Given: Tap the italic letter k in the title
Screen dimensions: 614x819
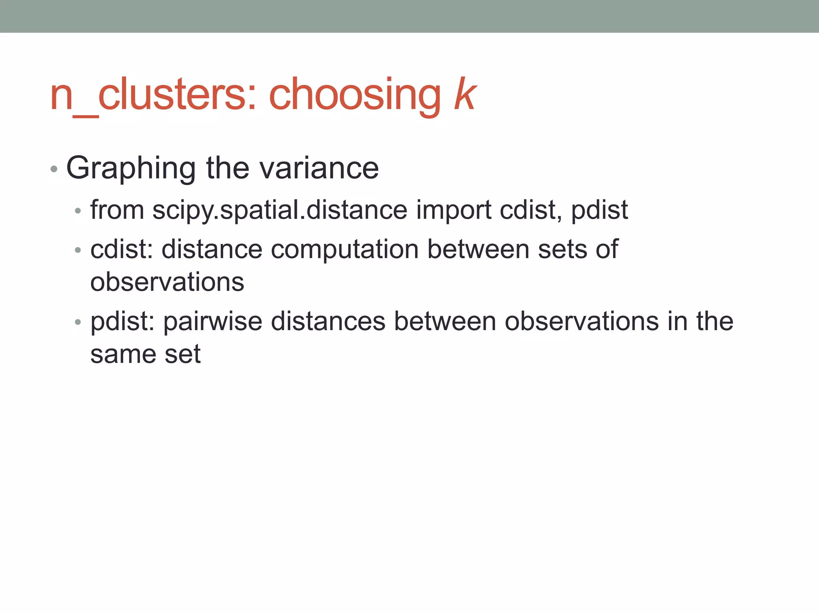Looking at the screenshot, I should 465,94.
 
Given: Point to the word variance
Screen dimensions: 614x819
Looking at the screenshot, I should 319,168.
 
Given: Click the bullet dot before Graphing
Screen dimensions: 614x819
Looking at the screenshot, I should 54,169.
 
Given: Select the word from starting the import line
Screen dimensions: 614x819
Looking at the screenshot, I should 117,210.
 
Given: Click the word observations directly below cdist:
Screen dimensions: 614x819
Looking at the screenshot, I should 167,282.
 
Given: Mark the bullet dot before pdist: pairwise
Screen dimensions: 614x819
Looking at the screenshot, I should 78,322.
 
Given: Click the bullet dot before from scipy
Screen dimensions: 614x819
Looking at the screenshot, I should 78,210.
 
